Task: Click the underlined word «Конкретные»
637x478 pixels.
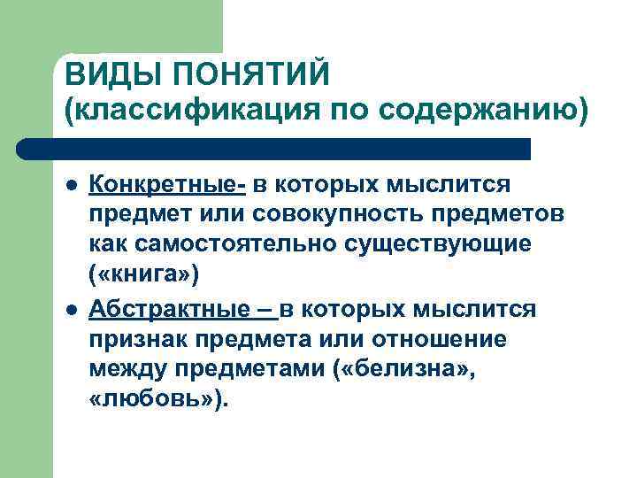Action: [x=167, y=184]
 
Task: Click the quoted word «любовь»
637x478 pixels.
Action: [x=155, y=400]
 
